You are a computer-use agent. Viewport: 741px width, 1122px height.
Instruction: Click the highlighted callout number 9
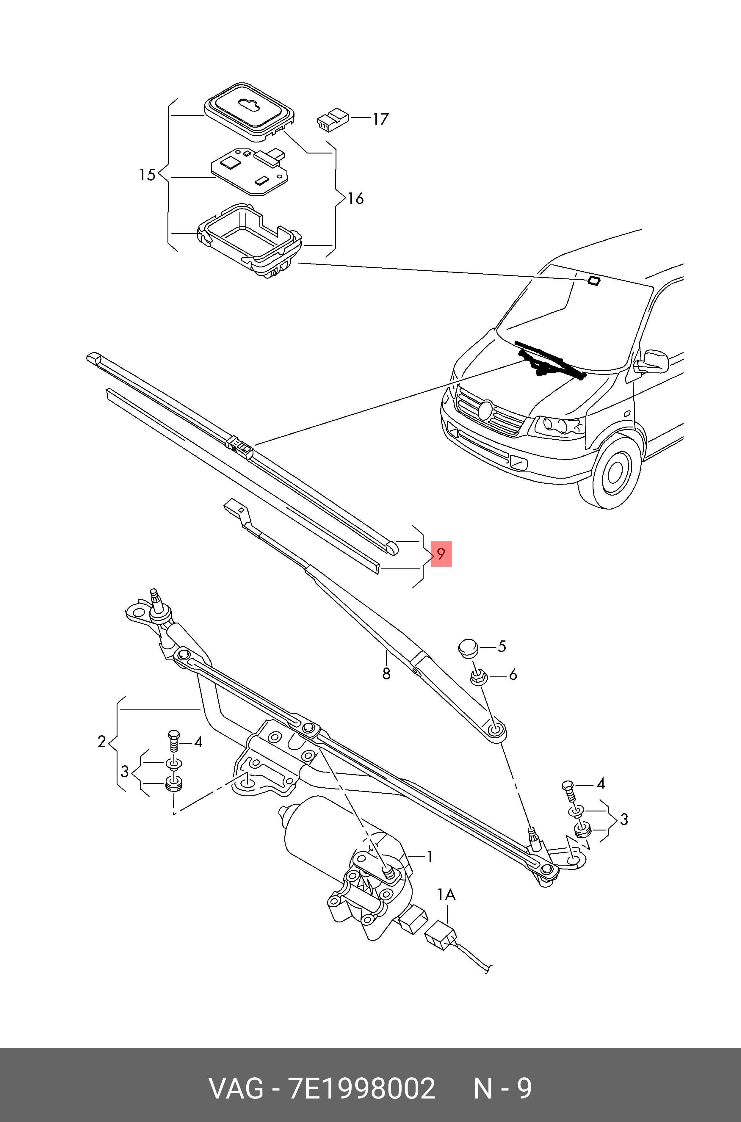click(441, 554)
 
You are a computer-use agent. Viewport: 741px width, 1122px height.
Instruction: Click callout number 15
click(147, 175)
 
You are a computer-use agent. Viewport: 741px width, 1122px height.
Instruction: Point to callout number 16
click(355, 198)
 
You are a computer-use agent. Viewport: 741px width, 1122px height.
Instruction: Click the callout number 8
click(386, 674)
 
